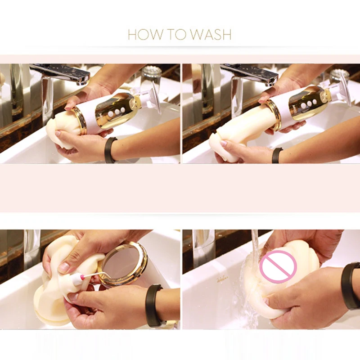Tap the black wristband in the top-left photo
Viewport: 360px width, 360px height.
pos(110,150)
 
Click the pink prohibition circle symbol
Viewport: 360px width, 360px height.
pos(278,267)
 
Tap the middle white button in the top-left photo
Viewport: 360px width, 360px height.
pos(117,112)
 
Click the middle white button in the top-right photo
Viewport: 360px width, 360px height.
pos(309,104)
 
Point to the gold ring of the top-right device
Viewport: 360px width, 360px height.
pos(274,114)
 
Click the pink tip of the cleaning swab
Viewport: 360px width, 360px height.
pos(81,278)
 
